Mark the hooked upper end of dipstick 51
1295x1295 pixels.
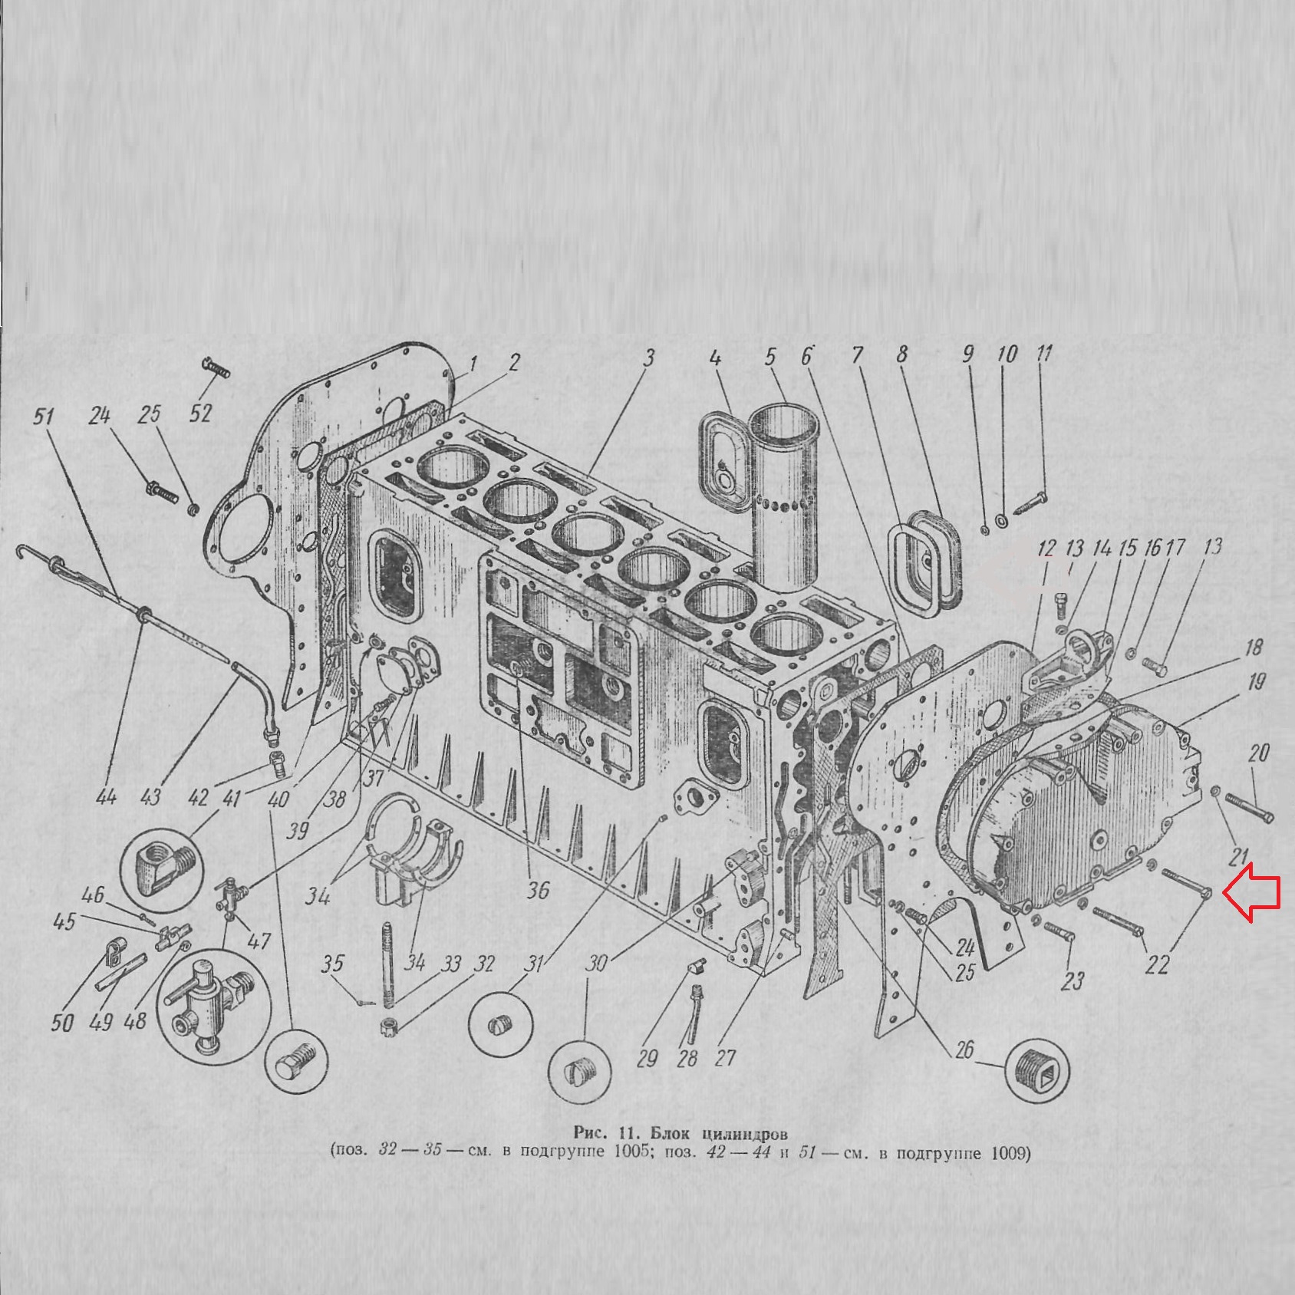pos(23,549)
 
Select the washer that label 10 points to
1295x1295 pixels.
pos(1002,522)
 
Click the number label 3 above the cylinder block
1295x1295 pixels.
pos(649,358)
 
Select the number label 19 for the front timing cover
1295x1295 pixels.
pos(1256,680)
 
